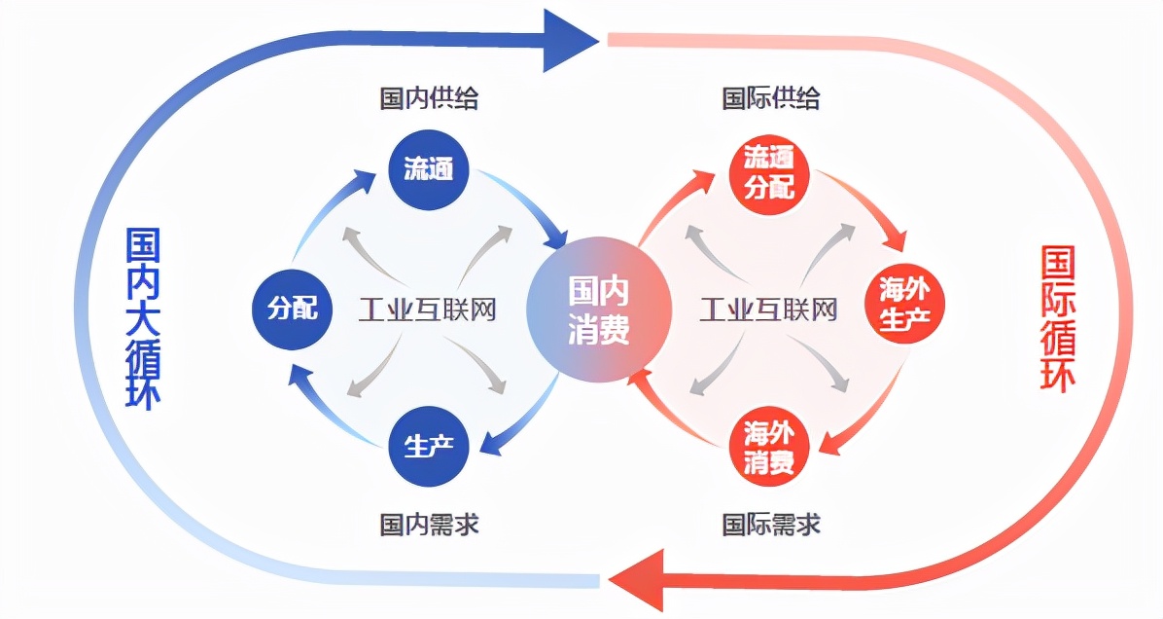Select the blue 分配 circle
[x=292, y=309]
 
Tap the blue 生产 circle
[x=429, y=447]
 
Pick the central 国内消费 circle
[x=599, y=309]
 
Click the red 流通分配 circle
[x=769, y=172]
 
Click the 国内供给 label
[x=429, y=98]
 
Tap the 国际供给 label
[x=771, y=98]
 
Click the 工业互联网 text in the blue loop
[x=428, y=310]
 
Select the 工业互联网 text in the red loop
[x=769, y=310]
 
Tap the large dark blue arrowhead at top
[x=570, y=40]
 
